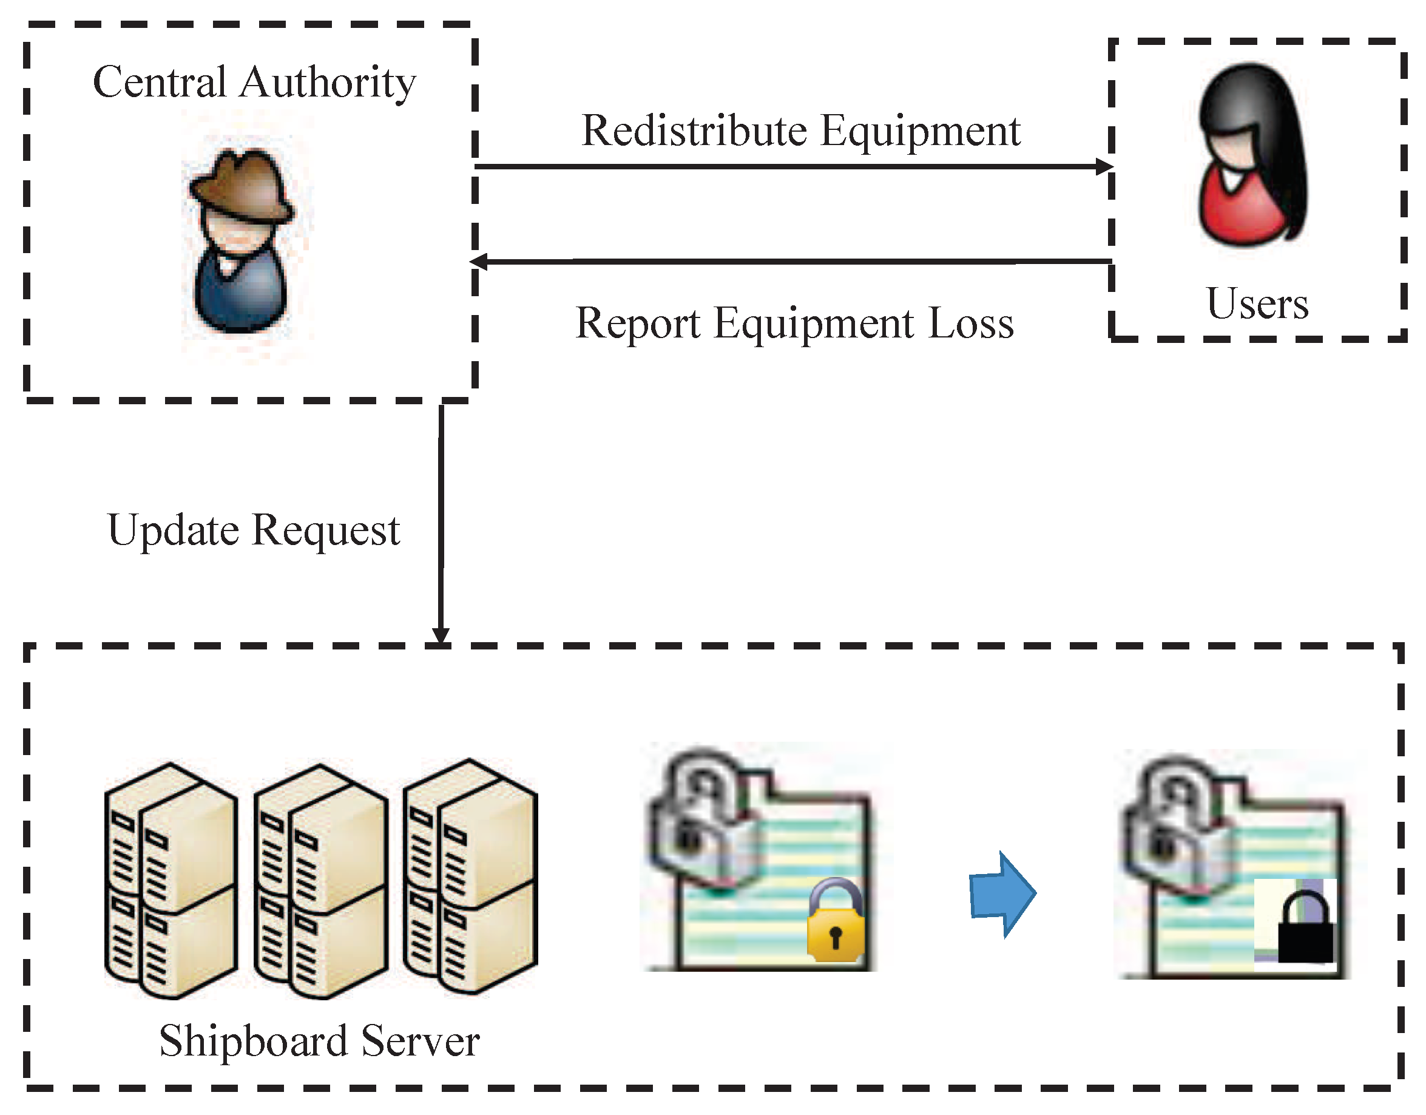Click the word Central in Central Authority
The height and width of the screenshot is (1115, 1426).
pyautogui.click(x=160, y=83)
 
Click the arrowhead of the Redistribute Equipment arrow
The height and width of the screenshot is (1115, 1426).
pyautogui.click(x=1104, y=166)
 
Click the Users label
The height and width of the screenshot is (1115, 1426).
pyautogui.click(x=1257, y=304)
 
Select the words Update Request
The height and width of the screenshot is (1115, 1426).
pyautogui.click(x=253, y=530)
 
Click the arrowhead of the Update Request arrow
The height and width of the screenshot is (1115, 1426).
pyautogui.click(x=441, y=635)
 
